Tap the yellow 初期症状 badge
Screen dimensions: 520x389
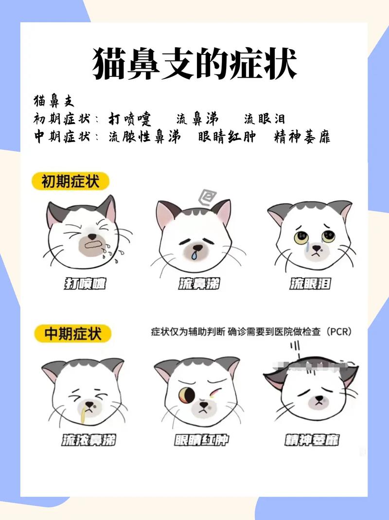(71, 182)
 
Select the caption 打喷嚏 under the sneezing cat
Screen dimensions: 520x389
(85, 283)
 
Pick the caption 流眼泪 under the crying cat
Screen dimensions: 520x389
(310, 283)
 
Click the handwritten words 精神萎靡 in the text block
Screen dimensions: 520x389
(302, 137)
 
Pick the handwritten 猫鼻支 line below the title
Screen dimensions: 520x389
(54, 101)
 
